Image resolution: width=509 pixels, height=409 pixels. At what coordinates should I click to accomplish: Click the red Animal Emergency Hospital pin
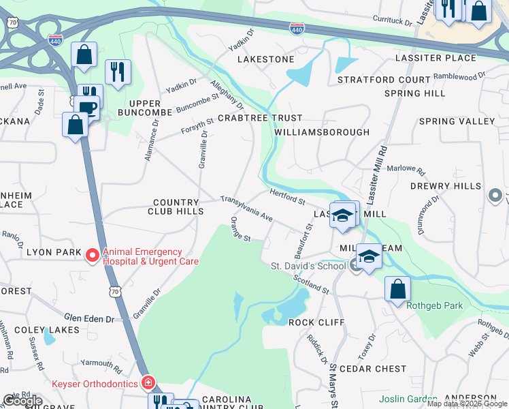coord(93,256)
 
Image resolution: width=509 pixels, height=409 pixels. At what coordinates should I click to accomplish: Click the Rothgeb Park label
coord(434,305)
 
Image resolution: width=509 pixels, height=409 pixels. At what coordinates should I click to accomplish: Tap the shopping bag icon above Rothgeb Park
coord(397,288)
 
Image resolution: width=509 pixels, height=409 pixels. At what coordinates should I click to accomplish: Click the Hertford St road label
coord(286,196)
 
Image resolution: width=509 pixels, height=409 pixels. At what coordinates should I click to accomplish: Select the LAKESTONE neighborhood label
coord(265,59)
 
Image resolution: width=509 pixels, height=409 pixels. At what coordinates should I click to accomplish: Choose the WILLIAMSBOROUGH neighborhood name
coord(323,132)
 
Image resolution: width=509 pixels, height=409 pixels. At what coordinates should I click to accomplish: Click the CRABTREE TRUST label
coord(250,118)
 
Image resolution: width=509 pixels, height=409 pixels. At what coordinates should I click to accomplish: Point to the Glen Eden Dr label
coord(91,318)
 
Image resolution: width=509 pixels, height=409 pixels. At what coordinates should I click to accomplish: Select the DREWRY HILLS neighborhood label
coord(445,186)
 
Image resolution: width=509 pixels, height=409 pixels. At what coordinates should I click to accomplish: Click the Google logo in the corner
coord(23,401)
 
